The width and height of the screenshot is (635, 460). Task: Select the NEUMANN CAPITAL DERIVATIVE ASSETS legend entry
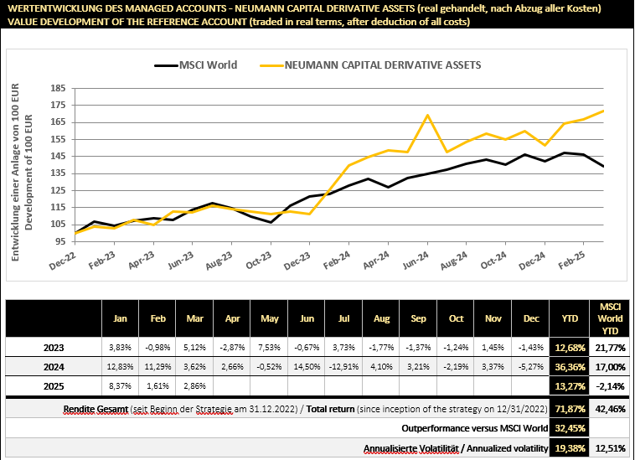click(x=385, y=65)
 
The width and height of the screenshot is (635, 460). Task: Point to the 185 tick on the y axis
click(x=59, y=88)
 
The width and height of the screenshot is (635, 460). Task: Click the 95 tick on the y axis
click(x=61, y=240)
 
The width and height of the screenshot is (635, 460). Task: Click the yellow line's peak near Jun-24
click(x=428, y=115)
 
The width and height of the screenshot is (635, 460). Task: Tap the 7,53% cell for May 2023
click(x=270, y=345)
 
